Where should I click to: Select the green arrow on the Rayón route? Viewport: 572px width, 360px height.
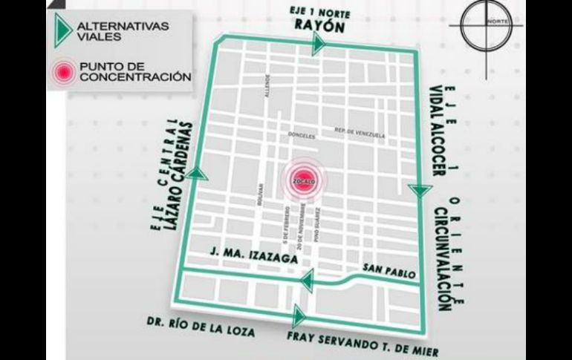[x=319, y=46]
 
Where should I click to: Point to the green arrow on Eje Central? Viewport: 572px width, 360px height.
[x=198, y=174]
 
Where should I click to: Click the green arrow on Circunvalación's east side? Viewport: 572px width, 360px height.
[x=420, y=191]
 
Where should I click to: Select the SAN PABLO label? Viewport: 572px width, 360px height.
[x=383, y=269]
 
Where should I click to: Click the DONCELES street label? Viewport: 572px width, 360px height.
[x=302, y=137]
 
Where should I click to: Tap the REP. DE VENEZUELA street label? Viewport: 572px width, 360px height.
[x=361, y=134]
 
